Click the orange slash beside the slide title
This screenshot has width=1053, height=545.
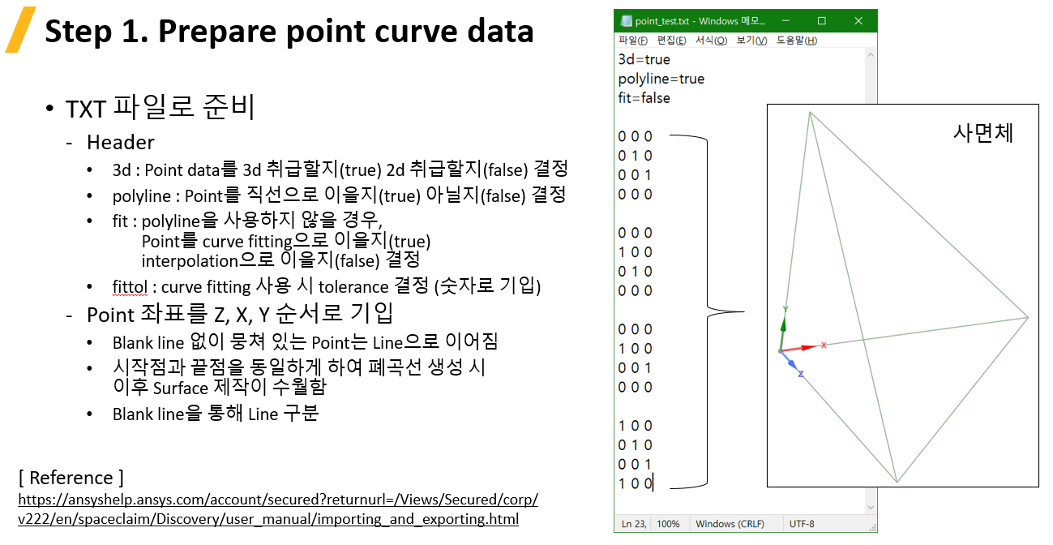coord(21,30)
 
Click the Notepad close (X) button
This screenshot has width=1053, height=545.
coord(858,21)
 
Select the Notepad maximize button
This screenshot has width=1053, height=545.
coord(822,21)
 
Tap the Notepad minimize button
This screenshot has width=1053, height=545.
coord(785,21)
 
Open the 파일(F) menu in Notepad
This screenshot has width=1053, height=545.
coord(633,41)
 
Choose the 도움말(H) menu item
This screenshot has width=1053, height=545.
coord(796,41)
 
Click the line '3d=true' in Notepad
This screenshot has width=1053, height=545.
coord(644,59)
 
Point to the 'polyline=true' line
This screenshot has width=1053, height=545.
coord(661,79)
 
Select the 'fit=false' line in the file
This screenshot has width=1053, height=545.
coord(644,98)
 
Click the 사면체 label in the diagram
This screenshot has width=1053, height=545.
coord(983,133)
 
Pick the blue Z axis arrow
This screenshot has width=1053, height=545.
coord(790,360)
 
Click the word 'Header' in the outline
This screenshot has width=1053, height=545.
coord(120,142)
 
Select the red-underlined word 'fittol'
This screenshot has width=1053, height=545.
coord(130,286)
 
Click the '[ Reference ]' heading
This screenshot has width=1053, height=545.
coord(71,478)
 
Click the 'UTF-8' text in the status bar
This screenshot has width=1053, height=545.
coord(802,524)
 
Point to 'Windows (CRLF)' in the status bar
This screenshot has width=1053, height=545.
coord(730,524)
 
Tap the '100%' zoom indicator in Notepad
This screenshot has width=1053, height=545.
coord(668,524)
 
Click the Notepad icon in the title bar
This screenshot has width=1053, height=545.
coord(626,21)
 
